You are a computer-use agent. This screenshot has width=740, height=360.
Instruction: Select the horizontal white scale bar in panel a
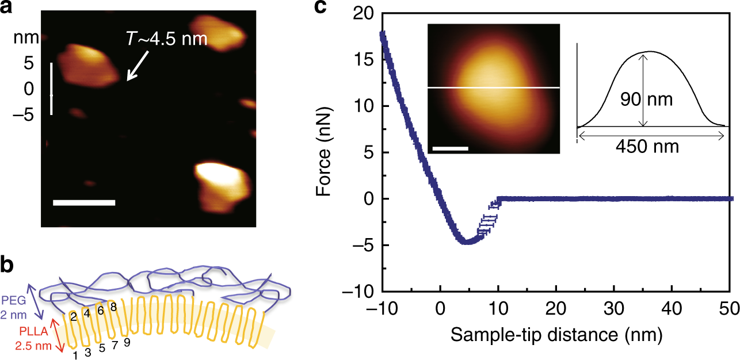[x=84, y=202]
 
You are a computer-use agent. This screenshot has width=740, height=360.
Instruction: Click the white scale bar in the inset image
[x=450, y=148]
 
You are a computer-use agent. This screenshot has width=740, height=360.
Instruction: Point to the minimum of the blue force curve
[x=468, y=242]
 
